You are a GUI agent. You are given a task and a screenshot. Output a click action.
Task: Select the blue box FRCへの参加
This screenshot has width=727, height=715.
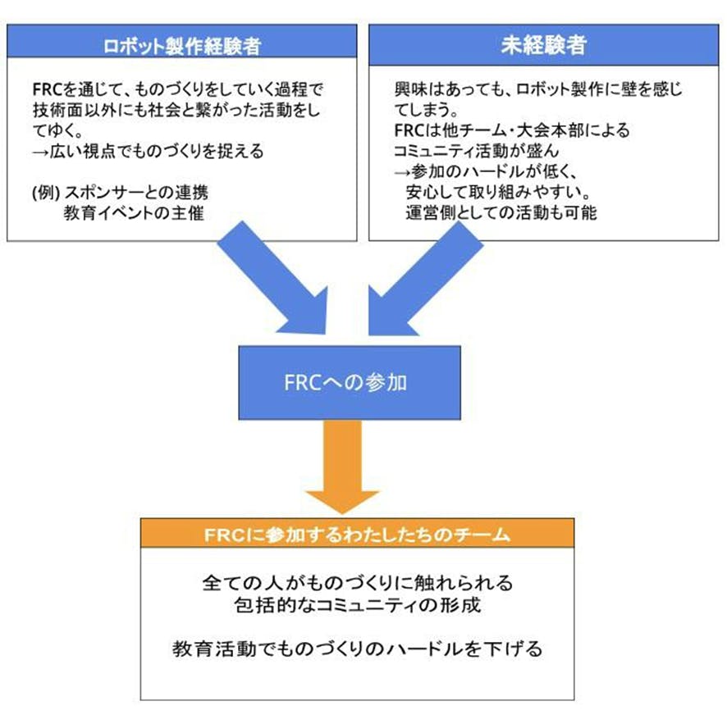(338, 382)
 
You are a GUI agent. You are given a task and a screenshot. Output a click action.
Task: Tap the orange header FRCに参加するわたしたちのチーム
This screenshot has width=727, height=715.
(357, 535)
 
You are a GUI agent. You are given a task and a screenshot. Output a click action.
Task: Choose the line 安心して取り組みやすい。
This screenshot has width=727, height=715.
(492, 193)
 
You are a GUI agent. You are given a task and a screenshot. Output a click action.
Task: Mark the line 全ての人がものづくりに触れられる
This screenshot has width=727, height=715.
(357, 584)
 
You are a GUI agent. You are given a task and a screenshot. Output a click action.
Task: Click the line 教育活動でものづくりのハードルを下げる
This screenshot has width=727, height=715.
(357, 649)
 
